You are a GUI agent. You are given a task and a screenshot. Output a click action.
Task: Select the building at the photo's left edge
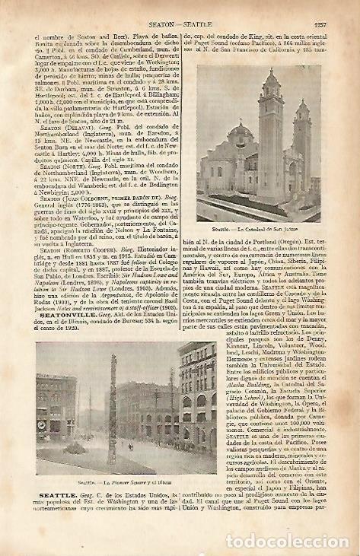54,411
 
